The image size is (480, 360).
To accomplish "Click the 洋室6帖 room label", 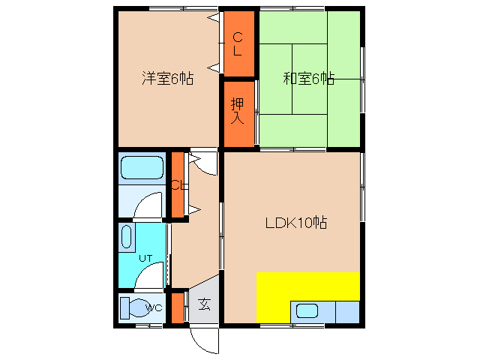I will [x=168, y=78].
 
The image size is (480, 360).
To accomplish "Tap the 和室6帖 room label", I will [x=308, y=78].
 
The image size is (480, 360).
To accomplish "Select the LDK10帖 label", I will [x=295, y=223].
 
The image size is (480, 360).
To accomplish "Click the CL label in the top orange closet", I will [x=237, y=44].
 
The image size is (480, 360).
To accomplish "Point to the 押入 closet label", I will [x=237, y=110].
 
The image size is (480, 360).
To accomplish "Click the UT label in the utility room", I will [x=145, y=258].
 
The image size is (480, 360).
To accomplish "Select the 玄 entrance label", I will [x=204, y=304].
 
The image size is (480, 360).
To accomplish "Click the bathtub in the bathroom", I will [x=142, y=169].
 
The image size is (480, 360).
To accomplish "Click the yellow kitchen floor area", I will [x=307, y=286].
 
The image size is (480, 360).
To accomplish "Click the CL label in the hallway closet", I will [x=178, y=185].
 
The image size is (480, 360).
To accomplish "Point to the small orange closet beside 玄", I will [x=178, y=307].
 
